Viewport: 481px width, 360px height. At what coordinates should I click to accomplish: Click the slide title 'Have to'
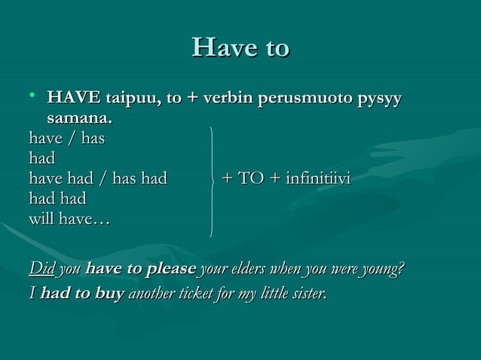coord(240,47)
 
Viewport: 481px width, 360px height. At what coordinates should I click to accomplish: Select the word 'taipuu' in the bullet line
coord(130,99)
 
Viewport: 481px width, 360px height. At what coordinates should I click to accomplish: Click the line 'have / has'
coord(66,139)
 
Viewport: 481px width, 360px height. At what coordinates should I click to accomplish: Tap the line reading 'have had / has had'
coord(97,179)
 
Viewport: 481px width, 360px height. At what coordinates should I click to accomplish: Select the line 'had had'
coord(57,200)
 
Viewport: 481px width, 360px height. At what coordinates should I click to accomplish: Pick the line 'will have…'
coord(69,220)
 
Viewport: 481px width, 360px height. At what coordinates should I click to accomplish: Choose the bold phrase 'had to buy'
coord(82,293)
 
